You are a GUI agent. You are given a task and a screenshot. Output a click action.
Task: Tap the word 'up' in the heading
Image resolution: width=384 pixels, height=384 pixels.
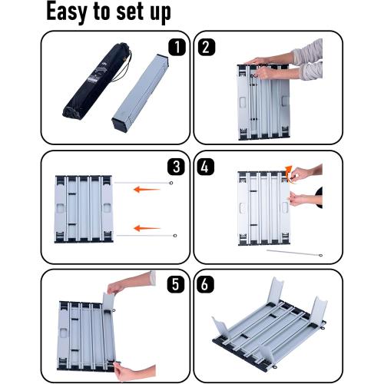pyautogui.click(x=161, y=13)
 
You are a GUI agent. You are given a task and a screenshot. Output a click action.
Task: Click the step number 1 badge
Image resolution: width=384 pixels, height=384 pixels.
pyautogui.click(x=177, y=47)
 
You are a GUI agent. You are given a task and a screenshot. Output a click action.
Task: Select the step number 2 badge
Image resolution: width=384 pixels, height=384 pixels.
pyautogui.click(x=207, y=47)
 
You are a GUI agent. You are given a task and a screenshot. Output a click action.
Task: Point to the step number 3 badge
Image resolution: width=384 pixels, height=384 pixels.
pyautogui.click(x=176, y=167)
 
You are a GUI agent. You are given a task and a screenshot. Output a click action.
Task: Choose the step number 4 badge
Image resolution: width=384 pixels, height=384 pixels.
pyautogui.click(x=206, y=167)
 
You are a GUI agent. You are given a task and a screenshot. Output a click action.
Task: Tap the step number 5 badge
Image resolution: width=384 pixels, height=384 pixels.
pyautogui.click(x=176, y=284)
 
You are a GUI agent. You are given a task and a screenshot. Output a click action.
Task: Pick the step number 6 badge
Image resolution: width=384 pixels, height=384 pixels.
pyautogui.click(x=205, y=284)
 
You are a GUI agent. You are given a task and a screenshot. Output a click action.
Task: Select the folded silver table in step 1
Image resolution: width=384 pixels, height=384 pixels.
pyautogui.click(x=141, y=93)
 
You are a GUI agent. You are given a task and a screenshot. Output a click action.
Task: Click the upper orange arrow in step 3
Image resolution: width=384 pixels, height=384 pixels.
pyautogui.click(x=147, y=190)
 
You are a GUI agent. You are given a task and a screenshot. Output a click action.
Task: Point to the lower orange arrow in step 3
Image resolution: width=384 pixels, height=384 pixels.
pyautogui.click(x=147, y=228)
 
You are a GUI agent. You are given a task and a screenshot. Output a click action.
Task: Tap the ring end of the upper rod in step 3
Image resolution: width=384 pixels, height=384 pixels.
pyautogui.click(x=171, y=183)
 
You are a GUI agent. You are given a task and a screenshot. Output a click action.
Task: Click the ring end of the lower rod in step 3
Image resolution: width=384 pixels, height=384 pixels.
pyautogui.click(x=175, y=236)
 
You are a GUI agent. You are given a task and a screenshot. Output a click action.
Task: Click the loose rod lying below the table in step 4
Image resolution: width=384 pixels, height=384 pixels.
pyautogui.click(x=294, y=253)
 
